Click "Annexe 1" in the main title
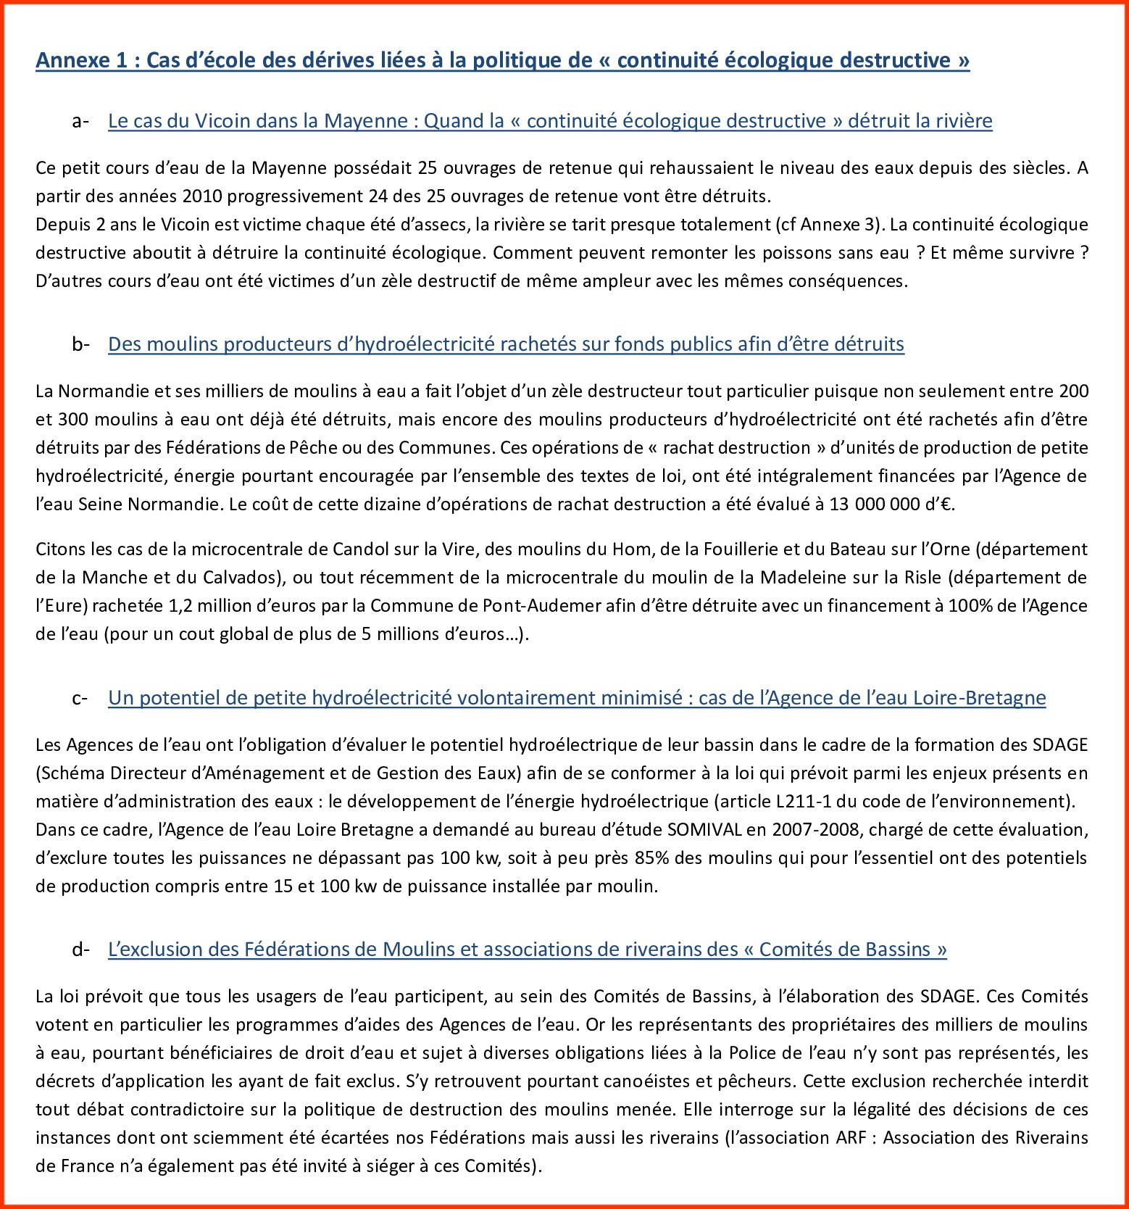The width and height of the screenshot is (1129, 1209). (81, 60)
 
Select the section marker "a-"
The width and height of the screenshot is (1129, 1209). (80, 121)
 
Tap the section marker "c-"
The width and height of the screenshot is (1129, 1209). (80, 698)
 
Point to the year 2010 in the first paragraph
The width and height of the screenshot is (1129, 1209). (204, 196)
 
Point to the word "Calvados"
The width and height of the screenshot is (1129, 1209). (238, 578)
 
